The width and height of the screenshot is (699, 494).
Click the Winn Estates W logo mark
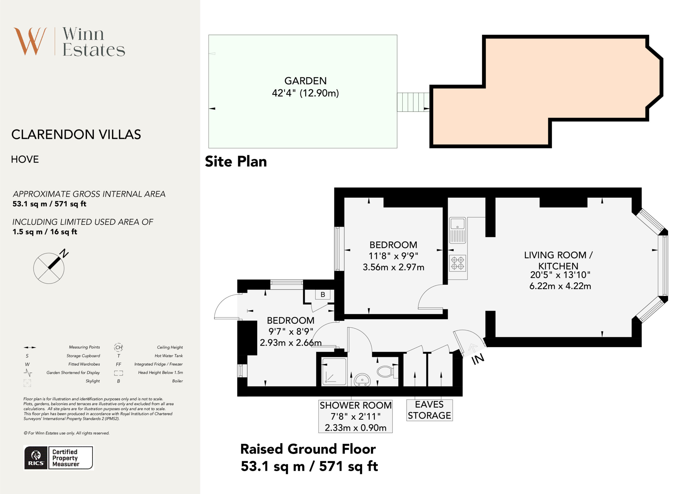(x=30, y=41)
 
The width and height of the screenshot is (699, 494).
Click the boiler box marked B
(x=322, y=294)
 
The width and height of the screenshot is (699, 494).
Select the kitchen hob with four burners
(x=457, y=263)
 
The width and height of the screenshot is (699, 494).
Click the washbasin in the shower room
(x=362, y=380)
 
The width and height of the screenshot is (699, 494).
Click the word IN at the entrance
(x=478, y=359)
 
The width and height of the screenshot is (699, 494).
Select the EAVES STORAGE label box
(x=429, y=410)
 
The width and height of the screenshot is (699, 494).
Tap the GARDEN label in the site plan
(x=305, y=81)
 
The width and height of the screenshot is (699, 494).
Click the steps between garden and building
(x=413, y=102)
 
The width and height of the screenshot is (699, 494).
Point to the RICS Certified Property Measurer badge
(x=58, y=458)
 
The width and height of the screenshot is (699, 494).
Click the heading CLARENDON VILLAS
(x=76, y=134)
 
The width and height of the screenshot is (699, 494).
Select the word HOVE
(x=25, y=159)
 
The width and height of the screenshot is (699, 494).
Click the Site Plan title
(x=236, y=161)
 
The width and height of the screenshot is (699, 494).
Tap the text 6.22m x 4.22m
(x=560, y=286)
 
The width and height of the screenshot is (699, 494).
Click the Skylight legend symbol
(x=27, y=383)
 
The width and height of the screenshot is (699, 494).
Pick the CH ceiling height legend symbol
(x=119, y=347)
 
